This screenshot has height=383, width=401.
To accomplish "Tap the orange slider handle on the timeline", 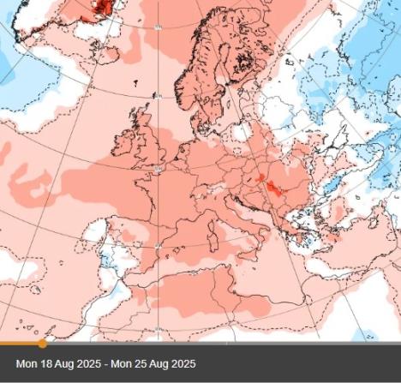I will point(42,344).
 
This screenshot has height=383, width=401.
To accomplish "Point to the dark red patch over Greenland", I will point(104,8).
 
